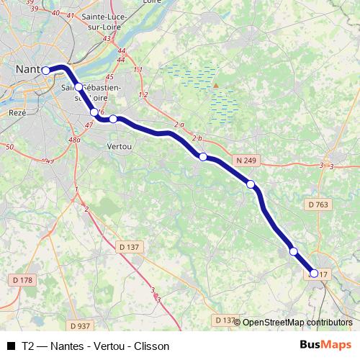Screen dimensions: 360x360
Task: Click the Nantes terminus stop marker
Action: coord(45,71)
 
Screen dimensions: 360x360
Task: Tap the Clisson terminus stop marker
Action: coord(314,274)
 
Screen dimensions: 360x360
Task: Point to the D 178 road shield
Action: coord(22,279)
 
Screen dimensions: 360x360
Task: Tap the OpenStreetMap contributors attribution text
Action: coord(297,323)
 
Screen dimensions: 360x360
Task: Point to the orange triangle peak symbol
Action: coord(215,85)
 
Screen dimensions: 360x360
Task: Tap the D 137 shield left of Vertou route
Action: coord(129,247)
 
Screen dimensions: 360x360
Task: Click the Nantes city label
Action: coord(27,70)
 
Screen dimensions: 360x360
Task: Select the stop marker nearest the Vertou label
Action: coord(113,119)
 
